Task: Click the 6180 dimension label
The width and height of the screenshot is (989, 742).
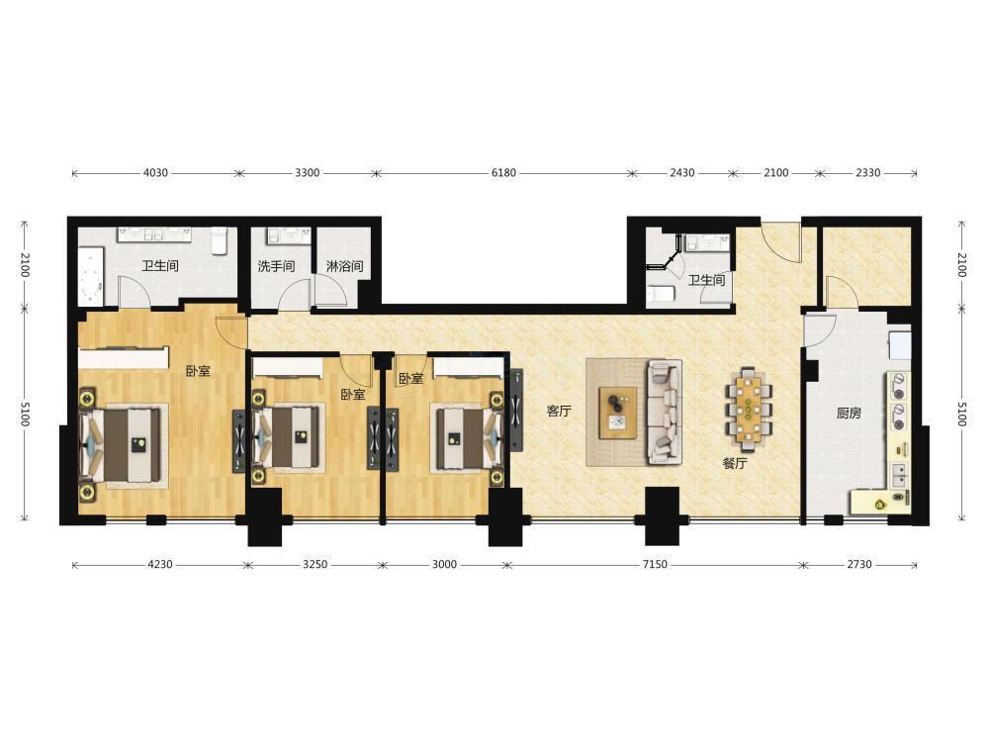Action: pyautogui.click(x=503, y=173)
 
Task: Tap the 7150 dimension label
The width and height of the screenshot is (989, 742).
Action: pyautogui.click(x=655, y=565)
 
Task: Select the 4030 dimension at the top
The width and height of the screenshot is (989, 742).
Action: pyautogui.click(x=156, y=173)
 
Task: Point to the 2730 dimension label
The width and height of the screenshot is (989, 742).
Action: pyautogui.click(x=859, y=565)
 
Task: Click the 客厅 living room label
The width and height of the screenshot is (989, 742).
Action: pyautogui.click(x=559, y=412)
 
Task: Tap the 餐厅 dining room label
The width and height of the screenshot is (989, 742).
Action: pyautogui.click(x=735, y=463)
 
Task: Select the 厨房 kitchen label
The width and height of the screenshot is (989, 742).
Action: pyautogui.click(x=849, y=414)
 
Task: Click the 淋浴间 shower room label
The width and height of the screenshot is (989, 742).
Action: pyautogui.click(x=344, y=265)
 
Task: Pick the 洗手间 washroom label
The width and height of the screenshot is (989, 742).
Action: pyautogui.click(x=276, y=265)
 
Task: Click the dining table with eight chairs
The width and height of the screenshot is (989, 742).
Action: pyautogui.click(x=749, y=406)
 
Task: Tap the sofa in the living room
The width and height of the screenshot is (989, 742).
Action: pyautogui.click(x=665, y=412)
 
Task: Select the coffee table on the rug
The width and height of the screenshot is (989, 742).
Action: pyautogui.click(x=617, y=412)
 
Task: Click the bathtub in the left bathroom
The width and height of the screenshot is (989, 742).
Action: pyautogui.click(x=91, y=278)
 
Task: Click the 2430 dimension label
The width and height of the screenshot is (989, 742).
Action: pyautogui.click(x=681, y=173)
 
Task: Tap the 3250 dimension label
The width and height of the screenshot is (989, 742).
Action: pyautogui.click(x=315, y=565)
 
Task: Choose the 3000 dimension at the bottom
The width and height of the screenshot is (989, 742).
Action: pyautogui.click(x=444, y=565)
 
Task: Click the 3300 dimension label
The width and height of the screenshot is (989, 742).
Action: pyautogui.click(x=308, y=173)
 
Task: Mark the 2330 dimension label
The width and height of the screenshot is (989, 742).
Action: pyautogui.click(x=868, y=173)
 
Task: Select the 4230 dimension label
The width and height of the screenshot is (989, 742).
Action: pyautogui.click(x=160, y=565)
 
